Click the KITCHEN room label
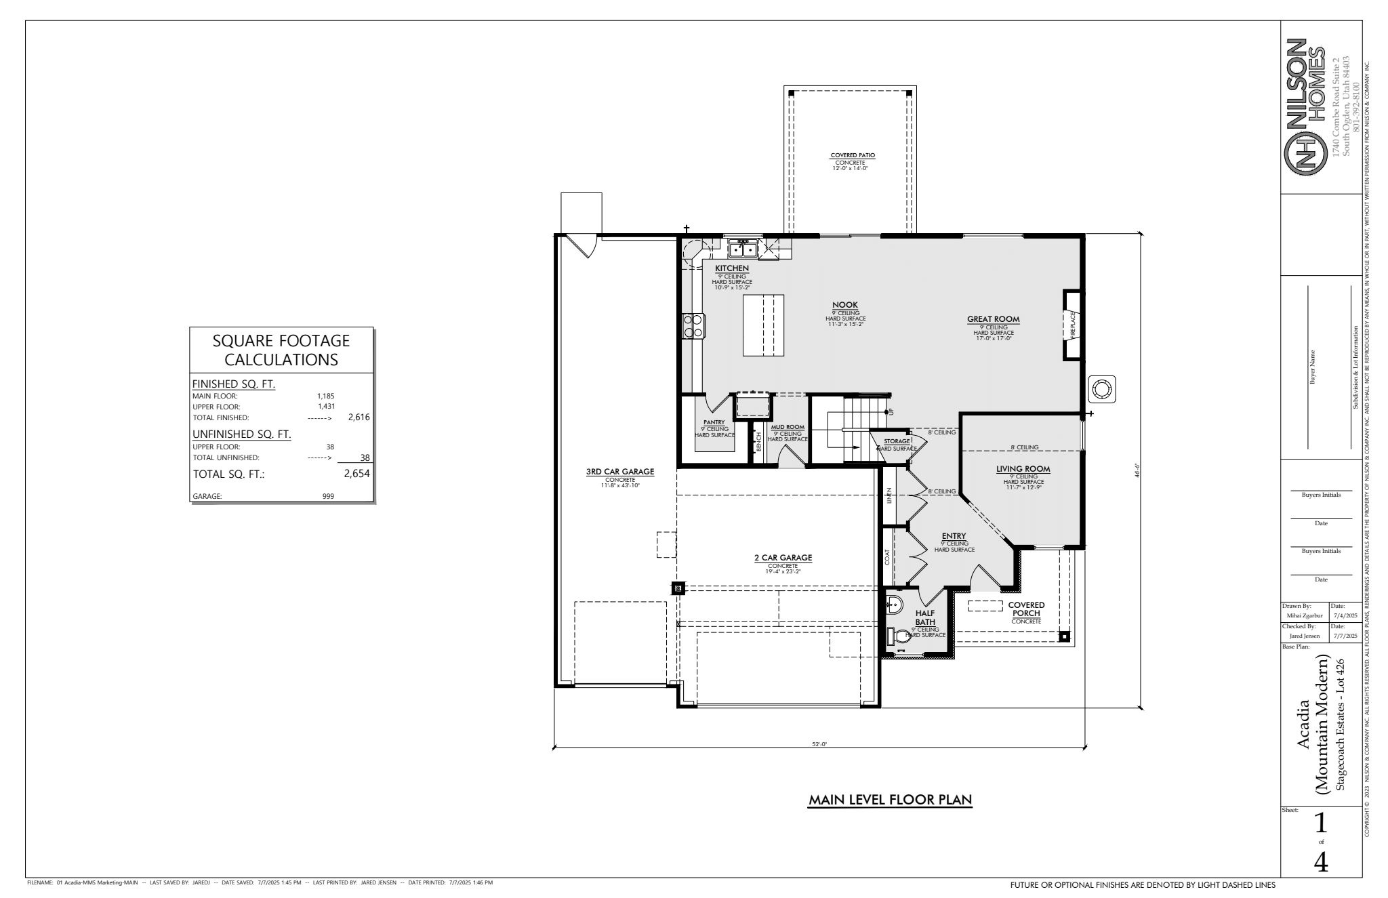[732, 268]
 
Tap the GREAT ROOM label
[993, 319]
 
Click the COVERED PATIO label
[853, 155]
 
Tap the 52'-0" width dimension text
[819, 744]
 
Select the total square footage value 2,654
[356, 474]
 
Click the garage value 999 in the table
[328, 496]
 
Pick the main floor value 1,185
[326, 396]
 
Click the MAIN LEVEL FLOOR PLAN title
[891, 800]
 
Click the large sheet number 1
[1320, 823]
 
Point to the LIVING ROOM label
[1023, 469]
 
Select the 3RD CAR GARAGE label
[619, 472]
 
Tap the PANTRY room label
[714, 422]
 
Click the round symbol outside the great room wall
[1101, 390]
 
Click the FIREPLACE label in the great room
[1073, 323]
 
